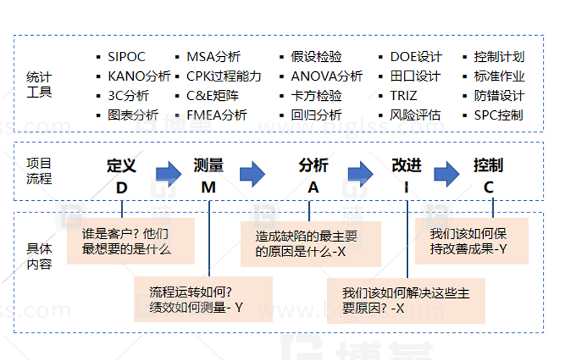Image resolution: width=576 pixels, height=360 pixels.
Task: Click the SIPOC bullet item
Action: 126,57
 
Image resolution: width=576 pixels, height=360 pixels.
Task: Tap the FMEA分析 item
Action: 216,115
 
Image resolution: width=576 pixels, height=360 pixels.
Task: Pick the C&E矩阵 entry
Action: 212,96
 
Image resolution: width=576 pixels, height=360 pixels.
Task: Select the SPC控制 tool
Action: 498,115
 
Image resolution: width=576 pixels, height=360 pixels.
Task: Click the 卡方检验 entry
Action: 316,96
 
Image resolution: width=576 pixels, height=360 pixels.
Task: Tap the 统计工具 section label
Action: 39,84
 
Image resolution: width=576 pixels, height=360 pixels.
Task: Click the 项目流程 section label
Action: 39,171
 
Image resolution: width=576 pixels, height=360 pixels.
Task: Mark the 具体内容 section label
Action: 39,256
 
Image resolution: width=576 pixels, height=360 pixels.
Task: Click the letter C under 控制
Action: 488,187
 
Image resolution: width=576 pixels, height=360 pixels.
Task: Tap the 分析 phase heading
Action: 313,166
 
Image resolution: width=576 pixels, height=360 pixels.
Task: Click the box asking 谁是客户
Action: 131,241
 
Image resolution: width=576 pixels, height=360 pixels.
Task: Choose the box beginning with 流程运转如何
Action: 203,300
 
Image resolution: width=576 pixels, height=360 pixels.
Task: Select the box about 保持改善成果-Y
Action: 472,241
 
